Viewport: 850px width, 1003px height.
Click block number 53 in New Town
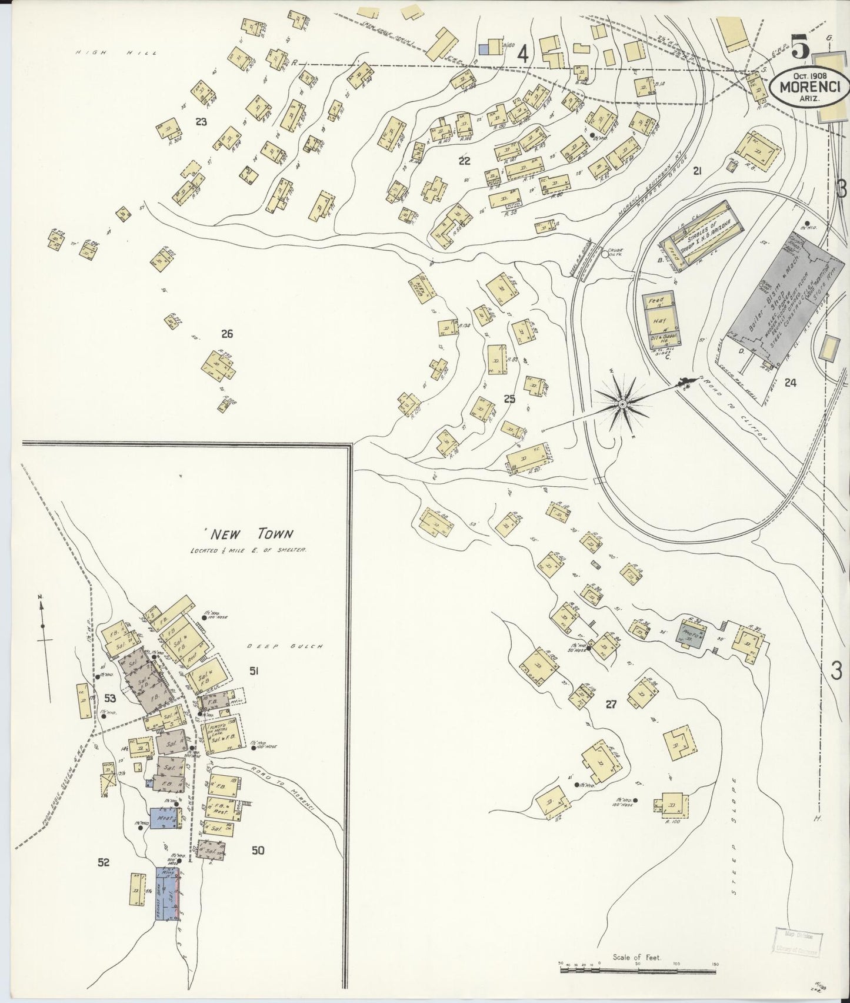pyautogui.click(x=110, y=699)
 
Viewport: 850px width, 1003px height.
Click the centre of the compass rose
pyautogui.click(x=622, y=404)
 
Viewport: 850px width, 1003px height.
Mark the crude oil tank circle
pyautogui.click(x=605, y=254)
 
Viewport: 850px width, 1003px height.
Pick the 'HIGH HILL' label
pyautogui.click(x=116, y=53)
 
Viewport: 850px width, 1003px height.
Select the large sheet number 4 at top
pyautogui.click(x=521, y=55)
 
